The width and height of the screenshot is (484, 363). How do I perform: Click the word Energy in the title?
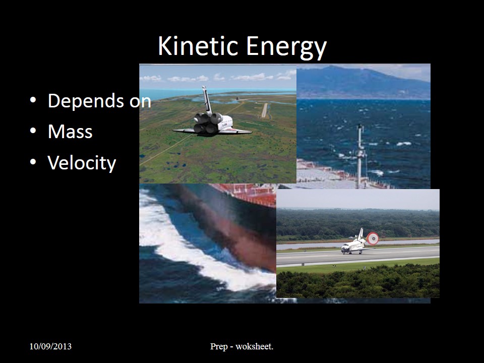click(x=286, y=47)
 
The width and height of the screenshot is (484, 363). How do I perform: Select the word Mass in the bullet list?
click(x=70, y=132)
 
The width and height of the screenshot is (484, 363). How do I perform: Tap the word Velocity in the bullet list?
click(x=82, y=163)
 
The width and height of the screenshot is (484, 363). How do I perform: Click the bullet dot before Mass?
click(x=33, y=131)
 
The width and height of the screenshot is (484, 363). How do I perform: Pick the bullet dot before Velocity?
click(x=33, y=161)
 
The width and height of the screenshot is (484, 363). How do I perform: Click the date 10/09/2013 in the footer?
click(x=50, y=346)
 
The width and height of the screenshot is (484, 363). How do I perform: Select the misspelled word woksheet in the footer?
click(x=254, y=346)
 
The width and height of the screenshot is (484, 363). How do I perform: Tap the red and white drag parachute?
click(x=373, y=238)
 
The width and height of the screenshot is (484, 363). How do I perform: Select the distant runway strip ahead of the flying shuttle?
click(x=265, y=110)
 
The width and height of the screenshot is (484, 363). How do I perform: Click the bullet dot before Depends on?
click(x=33, y=100)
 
